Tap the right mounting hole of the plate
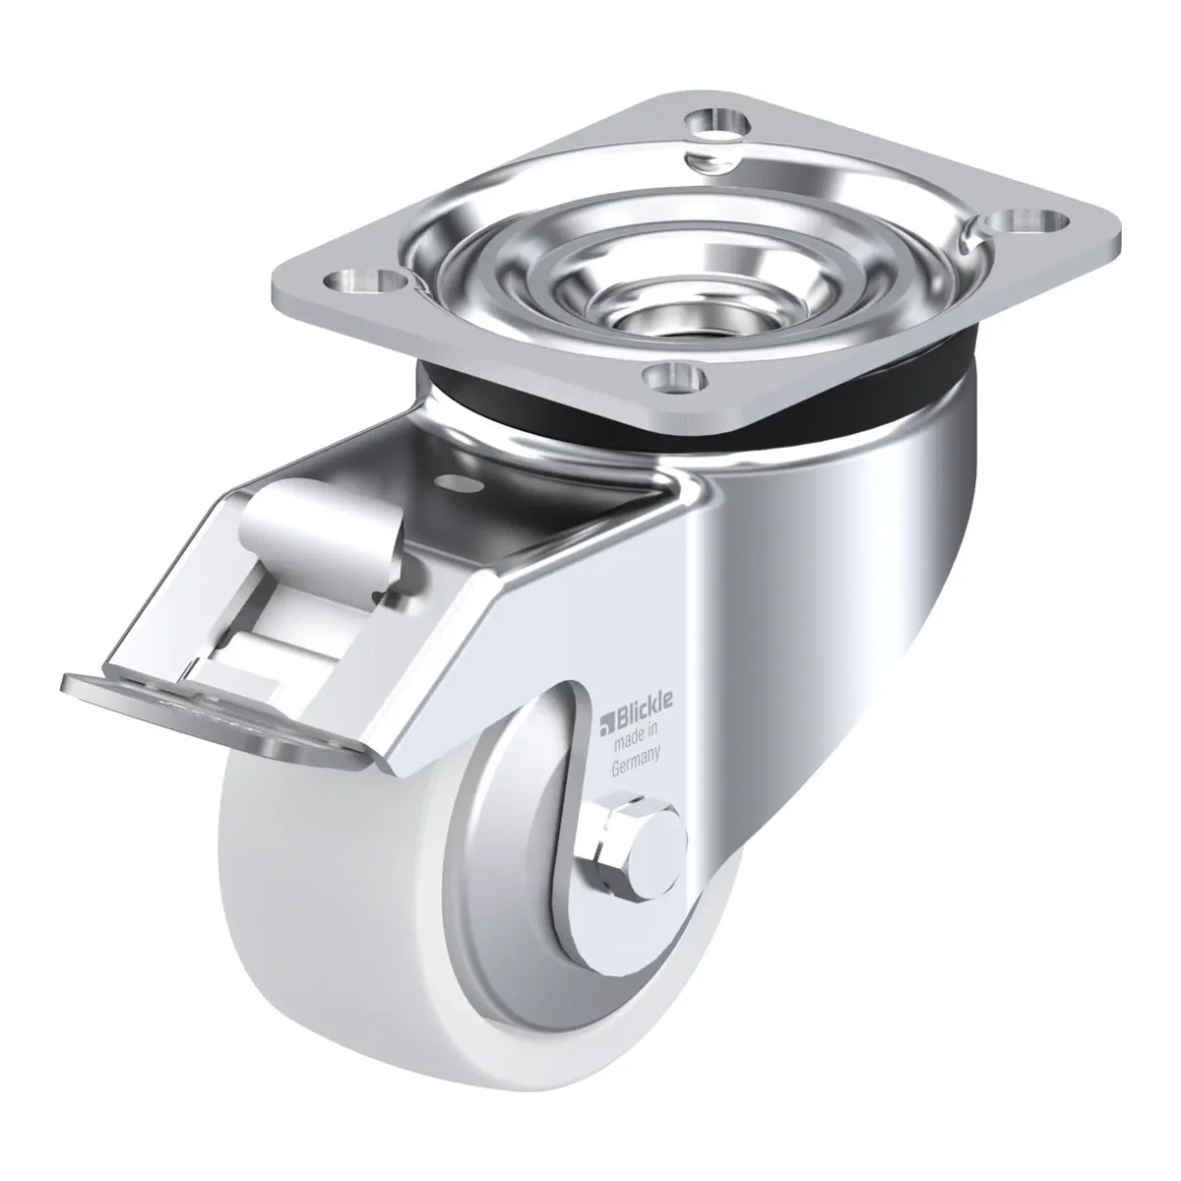[1028, 220]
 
